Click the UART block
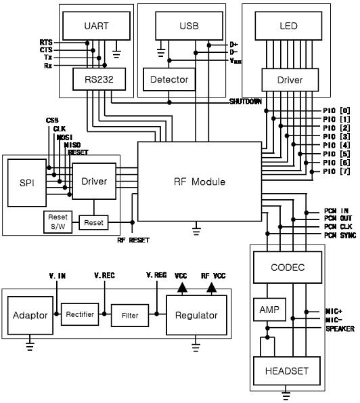[96, 26]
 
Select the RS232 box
[99, 79]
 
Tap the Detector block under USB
[169, 79]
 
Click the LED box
[288, 26]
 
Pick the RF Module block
[200, 182]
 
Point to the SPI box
[27, 183]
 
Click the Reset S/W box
[58, 222]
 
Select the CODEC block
[288, 268]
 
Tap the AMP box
[269, 310]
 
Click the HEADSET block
[287, 371]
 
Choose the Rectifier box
[80, 314]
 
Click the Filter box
[130, 316]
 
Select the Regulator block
[196, 315]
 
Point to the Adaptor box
[30, 316]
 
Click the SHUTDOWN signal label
[246, 102]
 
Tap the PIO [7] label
[336, 171]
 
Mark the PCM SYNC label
[340, 235]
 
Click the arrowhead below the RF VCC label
[211, 287]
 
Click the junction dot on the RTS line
[87, 43]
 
